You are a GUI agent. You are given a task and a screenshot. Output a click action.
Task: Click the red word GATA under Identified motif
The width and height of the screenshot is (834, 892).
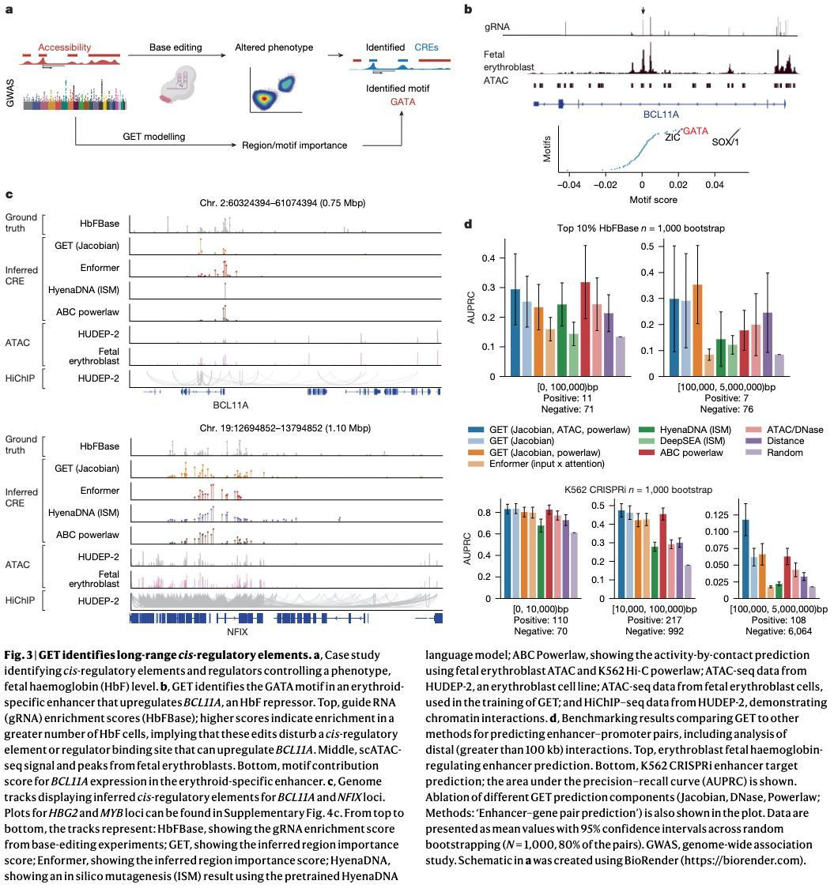coord(403,102)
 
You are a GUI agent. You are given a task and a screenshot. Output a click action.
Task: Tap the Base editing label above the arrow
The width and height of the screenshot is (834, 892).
coord(176,47)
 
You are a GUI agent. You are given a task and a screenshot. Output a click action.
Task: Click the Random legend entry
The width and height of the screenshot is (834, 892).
coord(784,453)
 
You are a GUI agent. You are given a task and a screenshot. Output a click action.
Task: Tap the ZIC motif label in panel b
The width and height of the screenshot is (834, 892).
coord(673,137)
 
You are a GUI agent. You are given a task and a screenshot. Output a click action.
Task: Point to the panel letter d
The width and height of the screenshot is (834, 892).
coord(468,224)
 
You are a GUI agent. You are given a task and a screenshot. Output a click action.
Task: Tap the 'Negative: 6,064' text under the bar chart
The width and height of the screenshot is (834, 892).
coord(753,632)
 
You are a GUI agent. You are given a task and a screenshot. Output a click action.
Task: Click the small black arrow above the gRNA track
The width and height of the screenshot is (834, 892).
coord(643,9)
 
